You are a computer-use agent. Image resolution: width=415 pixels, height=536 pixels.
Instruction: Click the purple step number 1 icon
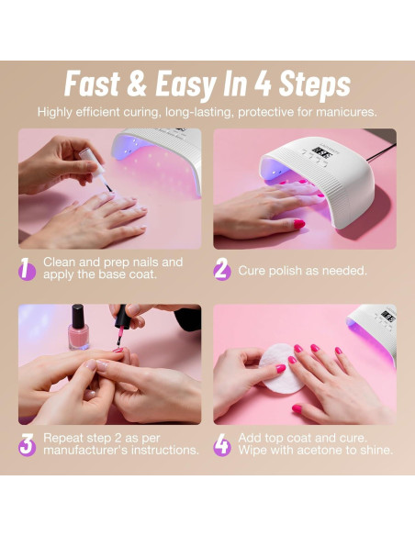(x=28, y=268)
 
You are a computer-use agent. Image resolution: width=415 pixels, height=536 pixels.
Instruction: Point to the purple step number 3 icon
(x=28, y=444)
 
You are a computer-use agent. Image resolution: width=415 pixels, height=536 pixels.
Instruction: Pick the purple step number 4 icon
(x=222, y=444)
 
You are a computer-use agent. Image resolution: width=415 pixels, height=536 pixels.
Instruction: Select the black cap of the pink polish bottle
(x=79, y=313)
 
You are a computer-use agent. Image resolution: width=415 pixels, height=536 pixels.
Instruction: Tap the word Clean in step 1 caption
(x=60, y=262)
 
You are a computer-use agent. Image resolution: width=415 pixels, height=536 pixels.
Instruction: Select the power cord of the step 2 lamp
(x=380, y=147)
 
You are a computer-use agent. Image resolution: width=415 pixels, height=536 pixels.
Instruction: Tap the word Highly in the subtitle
(x=56, y=112)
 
